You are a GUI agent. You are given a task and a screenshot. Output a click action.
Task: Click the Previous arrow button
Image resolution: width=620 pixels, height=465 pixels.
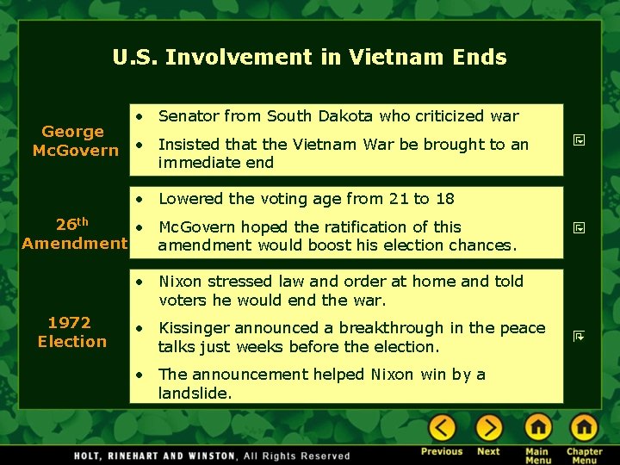point(442,427)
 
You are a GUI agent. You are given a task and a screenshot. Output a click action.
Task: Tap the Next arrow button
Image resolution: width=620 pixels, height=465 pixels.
point(488,427)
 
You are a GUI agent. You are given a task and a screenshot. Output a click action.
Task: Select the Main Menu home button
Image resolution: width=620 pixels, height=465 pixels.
point(537,427)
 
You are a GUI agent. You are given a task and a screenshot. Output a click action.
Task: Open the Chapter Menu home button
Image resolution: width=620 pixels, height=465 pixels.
point(584,427)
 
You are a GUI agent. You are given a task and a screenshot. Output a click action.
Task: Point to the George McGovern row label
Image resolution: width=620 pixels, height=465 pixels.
point(74,141)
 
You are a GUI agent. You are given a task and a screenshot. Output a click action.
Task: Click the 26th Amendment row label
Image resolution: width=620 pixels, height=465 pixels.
point(74,234)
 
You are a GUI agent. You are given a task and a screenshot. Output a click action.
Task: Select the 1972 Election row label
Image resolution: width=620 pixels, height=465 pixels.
point(71,332)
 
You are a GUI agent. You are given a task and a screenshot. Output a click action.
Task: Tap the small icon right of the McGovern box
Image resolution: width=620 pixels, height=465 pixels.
point(580,139)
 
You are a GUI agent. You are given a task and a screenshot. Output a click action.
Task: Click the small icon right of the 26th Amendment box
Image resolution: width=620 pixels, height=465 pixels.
point(580,228)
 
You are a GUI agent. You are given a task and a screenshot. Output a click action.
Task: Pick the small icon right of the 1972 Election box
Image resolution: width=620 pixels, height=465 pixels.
point(580,336)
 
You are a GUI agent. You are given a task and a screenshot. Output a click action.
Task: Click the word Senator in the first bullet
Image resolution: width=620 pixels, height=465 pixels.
point(187,115)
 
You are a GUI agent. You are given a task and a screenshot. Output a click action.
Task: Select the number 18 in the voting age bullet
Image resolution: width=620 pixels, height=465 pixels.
point(444,199)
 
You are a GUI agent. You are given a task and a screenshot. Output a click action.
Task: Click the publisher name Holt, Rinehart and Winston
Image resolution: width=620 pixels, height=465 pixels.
point(155,456)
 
